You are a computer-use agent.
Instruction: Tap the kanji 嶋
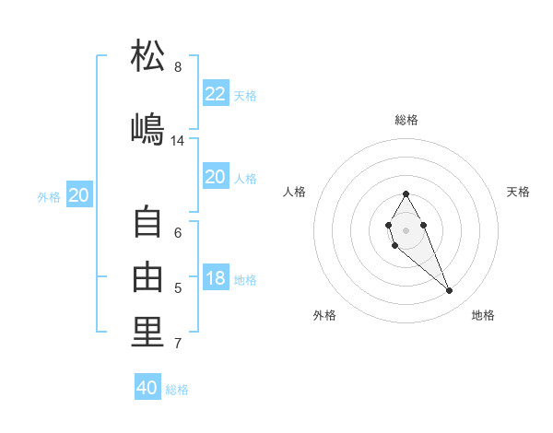(148, 129)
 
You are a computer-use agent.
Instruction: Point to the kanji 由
(148, 276)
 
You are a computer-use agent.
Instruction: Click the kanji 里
(148, 333)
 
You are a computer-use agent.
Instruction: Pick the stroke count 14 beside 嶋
(178, 141)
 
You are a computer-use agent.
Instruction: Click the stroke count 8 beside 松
(178, 67)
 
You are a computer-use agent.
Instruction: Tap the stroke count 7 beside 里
(178, 345)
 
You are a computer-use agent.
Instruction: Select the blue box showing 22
(216, 94)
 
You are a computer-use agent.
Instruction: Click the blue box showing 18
(216, 278)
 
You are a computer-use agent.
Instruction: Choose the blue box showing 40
(147, 388)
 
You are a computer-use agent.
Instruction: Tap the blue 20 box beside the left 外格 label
(79, 195)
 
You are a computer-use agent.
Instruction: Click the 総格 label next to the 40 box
(177, 390)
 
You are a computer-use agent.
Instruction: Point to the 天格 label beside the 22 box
(245, 96)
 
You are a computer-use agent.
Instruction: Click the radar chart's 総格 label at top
(406, 120)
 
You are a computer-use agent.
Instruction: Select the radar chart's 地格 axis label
(483, 315)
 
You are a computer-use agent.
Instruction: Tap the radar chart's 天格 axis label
(518, 192)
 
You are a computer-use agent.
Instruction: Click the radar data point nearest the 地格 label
(449, 291)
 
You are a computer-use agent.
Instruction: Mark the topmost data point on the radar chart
(406, 193)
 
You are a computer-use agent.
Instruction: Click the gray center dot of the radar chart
(406, 228)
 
